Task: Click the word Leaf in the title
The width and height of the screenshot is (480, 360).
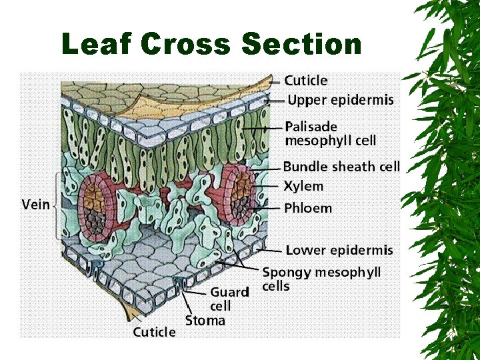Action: point(97,45)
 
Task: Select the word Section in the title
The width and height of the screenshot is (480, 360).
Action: point(302,45)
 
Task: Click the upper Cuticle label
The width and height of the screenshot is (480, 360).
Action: point(306,81)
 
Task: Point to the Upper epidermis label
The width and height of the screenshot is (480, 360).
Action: point(340,101)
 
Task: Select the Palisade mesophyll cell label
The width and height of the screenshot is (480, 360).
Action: point(330,133)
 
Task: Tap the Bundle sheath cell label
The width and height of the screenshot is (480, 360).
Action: point(341,167)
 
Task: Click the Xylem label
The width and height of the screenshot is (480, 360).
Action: point(303,187)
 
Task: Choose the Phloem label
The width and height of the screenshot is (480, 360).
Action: point(308,208)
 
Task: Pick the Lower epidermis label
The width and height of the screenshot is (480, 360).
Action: point(339,251)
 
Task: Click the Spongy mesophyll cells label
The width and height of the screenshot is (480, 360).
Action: point(321,279)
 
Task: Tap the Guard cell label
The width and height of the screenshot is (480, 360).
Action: point(229,299)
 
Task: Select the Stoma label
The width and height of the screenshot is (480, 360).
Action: point(205,321)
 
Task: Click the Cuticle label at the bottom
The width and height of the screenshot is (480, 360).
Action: point(154,332)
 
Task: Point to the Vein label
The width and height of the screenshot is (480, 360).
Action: point(36,204)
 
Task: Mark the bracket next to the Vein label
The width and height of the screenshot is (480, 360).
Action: point(56,204)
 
